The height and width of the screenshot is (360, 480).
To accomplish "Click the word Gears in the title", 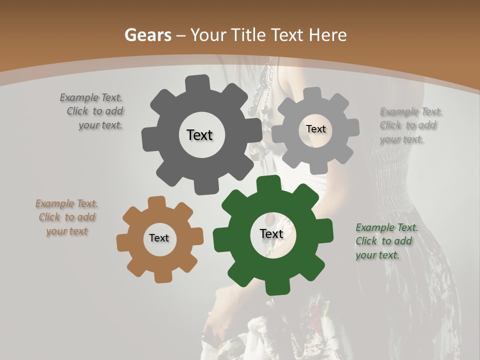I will pyautogui.click(x=147, y=35).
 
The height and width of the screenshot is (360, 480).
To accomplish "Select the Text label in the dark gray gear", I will pyautogui.click(x=199, y=135).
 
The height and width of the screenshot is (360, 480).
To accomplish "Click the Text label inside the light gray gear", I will pyautogui.click(x=315, y=129).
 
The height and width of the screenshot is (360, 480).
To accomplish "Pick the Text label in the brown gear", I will pyautogui.click(x=159, y=238).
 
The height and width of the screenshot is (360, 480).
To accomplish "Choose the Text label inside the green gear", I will pyautogui.click(x=271, y=234).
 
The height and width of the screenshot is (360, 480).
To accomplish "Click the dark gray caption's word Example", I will pyautogui.click(x=79, y=98).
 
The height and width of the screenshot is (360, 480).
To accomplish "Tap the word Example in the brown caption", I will pyautogui.click(x=54, y=204).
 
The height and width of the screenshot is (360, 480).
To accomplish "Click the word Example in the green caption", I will pyautogui.click(x=375, y=228).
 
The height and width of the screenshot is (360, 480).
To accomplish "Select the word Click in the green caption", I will pyautogui.click(x=366, y=241).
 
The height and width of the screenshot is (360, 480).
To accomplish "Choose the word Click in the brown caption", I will pyautogui.click(x=49, y=217).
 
